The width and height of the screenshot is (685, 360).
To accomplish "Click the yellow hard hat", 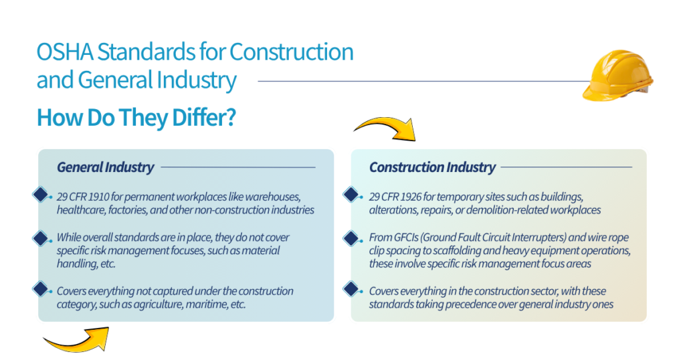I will tap(617, 78).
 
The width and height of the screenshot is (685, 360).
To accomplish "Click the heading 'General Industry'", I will tap(105, 167).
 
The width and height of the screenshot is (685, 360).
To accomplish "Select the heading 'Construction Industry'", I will tap(432, 167).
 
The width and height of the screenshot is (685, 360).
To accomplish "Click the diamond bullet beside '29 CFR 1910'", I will tap(41, 196).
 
